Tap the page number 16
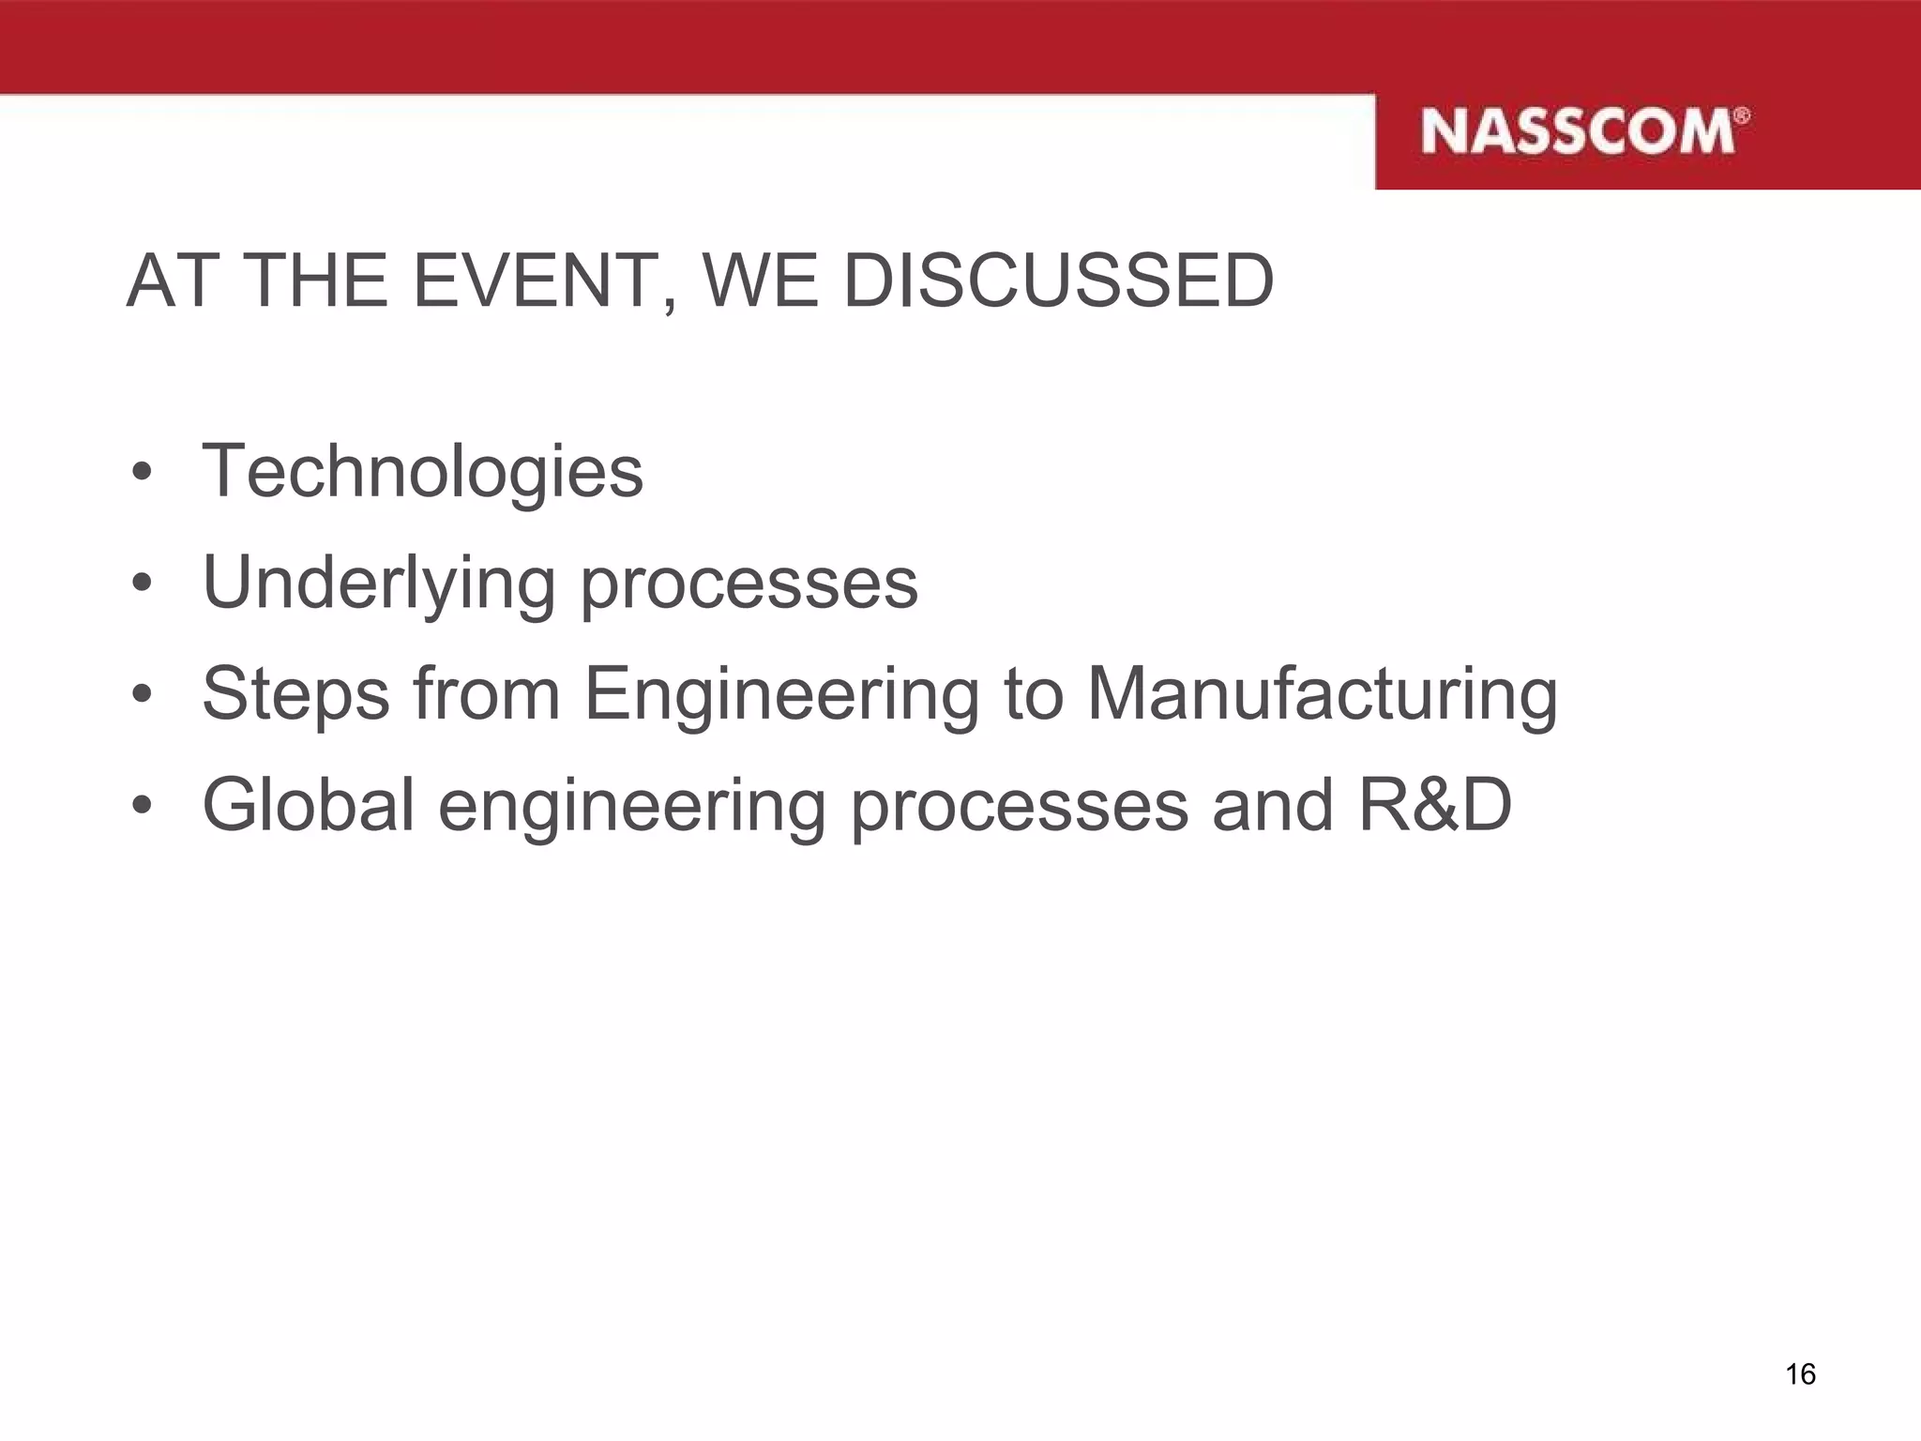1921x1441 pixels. click(x=1800, y=1374)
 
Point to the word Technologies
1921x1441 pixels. click(x=422, y=471)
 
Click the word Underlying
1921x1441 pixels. click(x=379, y=584)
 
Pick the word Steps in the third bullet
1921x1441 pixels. click(x=295, y=695)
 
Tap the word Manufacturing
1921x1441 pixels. click(x=1322, y=695)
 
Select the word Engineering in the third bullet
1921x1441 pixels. click(x=782, y=695)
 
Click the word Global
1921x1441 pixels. click(x=309, y=805)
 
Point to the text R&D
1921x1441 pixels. click(x=1434, y=805)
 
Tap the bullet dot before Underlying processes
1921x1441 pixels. click(x=142, y=584)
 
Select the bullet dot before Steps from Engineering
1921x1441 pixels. click(x=142, y=695)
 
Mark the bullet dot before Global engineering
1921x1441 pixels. click(x=142, y=806)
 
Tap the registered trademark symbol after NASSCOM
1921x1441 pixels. click(x=1741, y=115)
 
